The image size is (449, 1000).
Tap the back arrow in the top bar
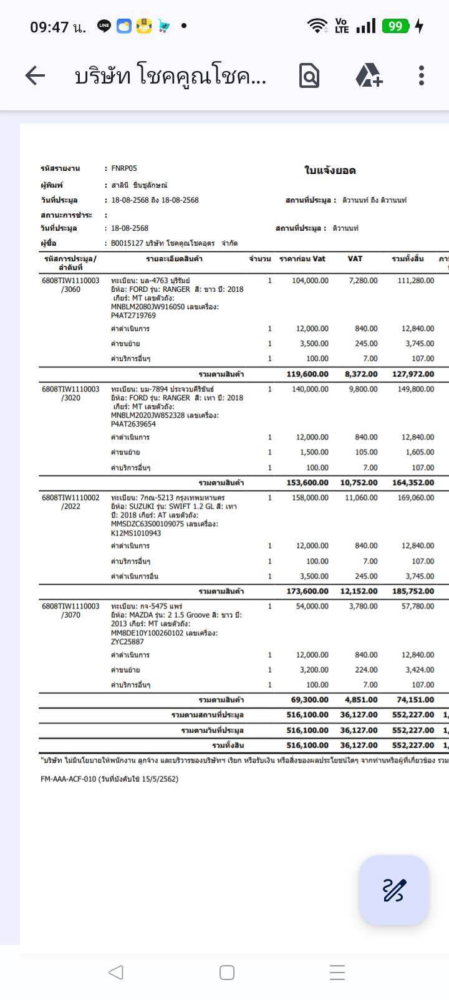pyautogui.click(x=35, y=76)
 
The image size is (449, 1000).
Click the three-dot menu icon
pyautogui.click(x=422, y=76)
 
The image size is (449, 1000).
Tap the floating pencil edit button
pyautogui.click(x=393, y=890)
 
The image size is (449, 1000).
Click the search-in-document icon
pyautogui.click(x=309, y=76)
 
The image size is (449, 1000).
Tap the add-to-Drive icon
pyautogui.click(x=369, y=76)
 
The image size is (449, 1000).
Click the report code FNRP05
pyautogui.click(x=124, y=168)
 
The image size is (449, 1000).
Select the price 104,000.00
pyautogui.click(x=310, y=281)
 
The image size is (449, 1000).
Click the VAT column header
pyautogui.click(x=355, y=259)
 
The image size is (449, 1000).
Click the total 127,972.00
pyautogui.click(x=412, y=374)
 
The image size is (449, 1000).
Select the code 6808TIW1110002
pyautogui.click(x=70, y=498)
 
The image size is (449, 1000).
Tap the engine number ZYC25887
pyautogui.click(x=127, y=642)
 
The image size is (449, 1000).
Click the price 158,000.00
pyautogui.click(x=310, y=498)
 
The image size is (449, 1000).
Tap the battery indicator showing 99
pyautogui.click(x=396, y=26)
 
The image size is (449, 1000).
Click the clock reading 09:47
pyautogui.click(x=49, y=27)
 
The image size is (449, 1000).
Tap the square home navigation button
pyautogui.click(x=227, y=973)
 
